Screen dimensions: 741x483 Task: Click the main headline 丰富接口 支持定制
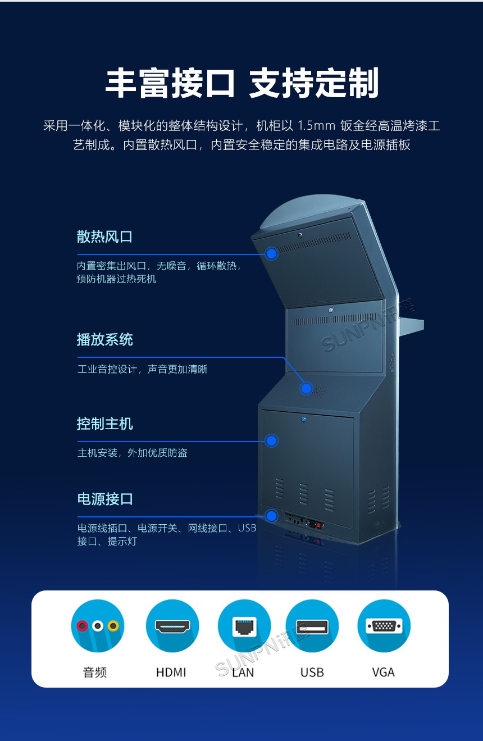click(x=242, y=84)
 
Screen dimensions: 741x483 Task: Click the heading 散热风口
click(x=104, y=237)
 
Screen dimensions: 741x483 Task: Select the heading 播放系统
click(x=105, y=339)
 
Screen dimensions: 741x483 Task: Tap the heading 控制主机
click(x=105, y=424)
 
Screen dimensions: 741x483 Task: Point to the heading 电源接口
click(x=105, y=499)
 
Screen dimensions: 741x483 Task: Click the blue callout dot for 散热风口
click(x=272, y=253)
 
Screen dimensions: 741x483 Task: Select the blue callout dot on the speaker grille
click(x=306, y=388)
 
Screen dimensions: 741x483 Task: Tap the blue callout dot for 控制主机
click(x=272, y=441)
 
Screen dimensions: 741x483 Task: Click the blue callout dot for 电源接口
click(x=272, y=516)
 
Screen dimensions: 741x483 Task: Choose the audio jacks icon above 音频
click(x=97, y=626)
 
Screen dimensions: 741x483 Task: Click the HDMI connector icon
click(x=172, y=626)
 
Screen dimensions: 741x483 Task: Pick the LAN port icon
click(x=244, y=626)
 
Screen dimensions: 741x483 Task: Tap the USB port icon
click(x=312, y=626)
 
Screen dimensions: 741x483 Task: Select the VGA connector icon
click(x=384, y=626)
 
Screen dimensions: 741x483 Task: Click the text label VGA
click(x=383, y=672)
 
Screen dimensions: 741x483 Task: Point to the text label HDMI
click(x=171, y=672)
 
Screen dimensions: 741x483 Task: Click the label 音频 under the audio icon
click(x=95, y=672)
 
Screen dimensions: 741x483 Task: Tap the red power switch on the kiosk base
click(x=319, y=526)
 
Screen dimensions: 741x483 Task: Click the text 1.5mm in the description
click(x=316, y=126)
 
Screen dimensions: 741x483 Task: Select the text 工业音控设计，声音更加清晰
click(x=142, y=369)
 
